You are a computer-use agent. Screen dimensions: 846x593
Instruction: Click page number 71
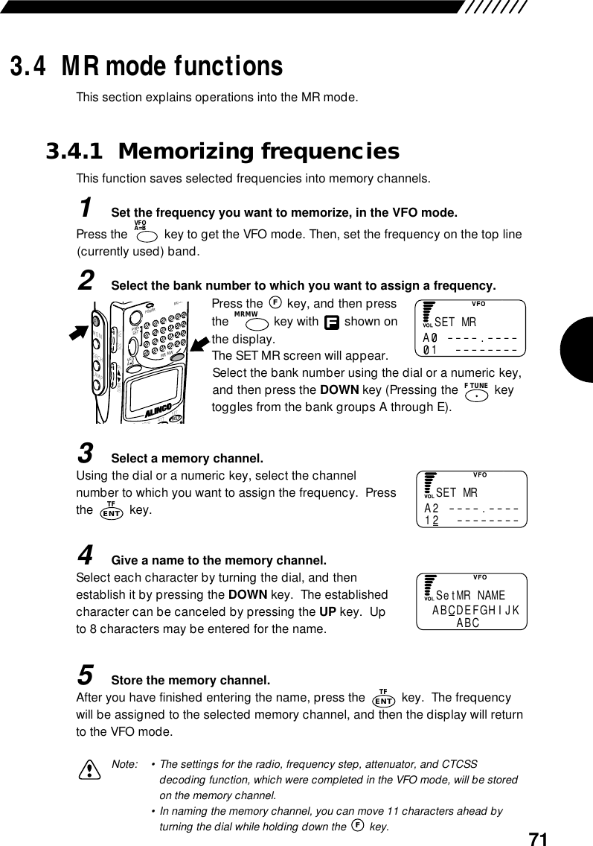pyautogui.click(x=537, y=837)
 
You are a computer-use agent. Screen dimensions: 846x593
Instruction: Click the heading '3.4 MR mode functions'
pyautogui.click(x=146, y=66)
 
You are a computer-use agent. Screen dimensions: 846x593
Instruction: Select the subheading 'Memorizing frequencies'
pyautogui.click(x=258, y=152)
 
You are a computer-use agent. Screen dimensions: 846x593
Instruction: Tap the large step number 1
pyautogui.click(x=86, y=206)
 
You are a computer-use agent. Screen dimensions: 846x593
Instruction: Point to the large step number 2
pyautogui.click(x=86, y=280)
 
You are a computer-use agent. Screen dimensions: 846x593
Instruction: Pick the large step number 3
pyautogui.click(x=86, y=451)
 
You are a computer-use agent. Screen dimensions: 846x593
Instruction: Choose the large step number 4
pyautogui.click(x=86, y=554)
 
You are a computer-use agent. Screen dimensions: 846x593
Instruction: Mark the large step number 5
pyautogui.click(x=86, y=675)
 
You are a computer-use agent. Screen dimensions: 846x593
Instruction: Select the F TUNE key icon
pyautogui.click(x=475, y=391)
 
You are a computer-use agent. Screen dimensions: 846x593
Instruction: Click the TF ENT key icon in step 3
pyautogui.click(x=111, y=510)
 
